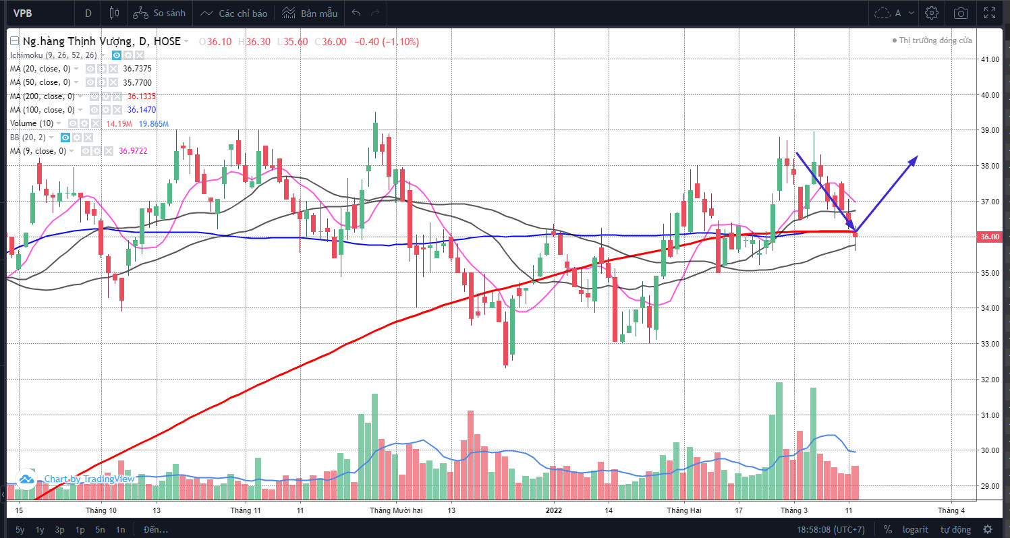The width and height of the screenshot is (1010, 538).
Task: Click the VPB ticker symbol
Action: coord(24,13)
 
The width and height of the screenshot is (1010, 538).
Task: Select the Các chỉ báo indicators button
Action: coord(235,13)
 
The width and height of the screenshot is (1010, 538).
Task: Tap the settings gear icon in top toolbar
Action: coord(932,13)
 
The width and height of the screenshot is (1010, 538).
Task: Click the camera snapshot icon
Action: coord(961,13)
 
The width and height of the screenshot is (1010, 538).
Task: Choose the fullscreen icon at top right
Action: coord(990,13)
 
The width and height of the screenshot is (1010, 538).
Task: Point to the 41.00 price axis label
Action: coord(990,59)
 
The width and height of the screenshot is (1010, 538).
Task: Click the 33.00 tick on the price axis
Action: coord(990,344)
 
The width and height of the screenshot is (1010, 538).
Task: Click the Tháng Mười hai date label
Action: coord(395,510)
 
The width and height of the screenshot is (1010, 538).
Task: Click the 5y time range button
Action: coord(20,529)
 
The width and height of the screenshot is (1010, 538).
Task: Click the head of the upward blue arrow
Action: coord(916,157)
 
